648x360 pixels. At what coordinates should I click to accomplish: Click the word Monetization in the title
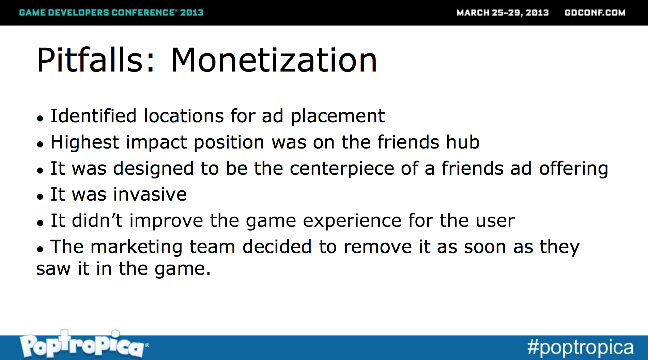[274, 60]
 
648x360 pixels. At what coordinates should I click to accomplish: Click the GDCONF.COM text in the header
[595, 13]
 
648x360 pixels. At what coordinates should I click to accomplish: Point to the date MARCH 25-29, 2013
[503, 13]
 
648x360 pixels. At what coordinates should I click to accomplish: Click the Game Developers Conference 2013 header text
[111, 13]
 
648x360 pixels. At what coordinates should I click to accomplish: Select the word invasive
[150, 194]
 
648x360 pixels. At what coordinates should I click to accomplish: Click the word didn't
[97, 220]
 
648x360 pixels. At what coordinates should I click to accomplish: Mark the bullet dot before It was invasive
[40, 197]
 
